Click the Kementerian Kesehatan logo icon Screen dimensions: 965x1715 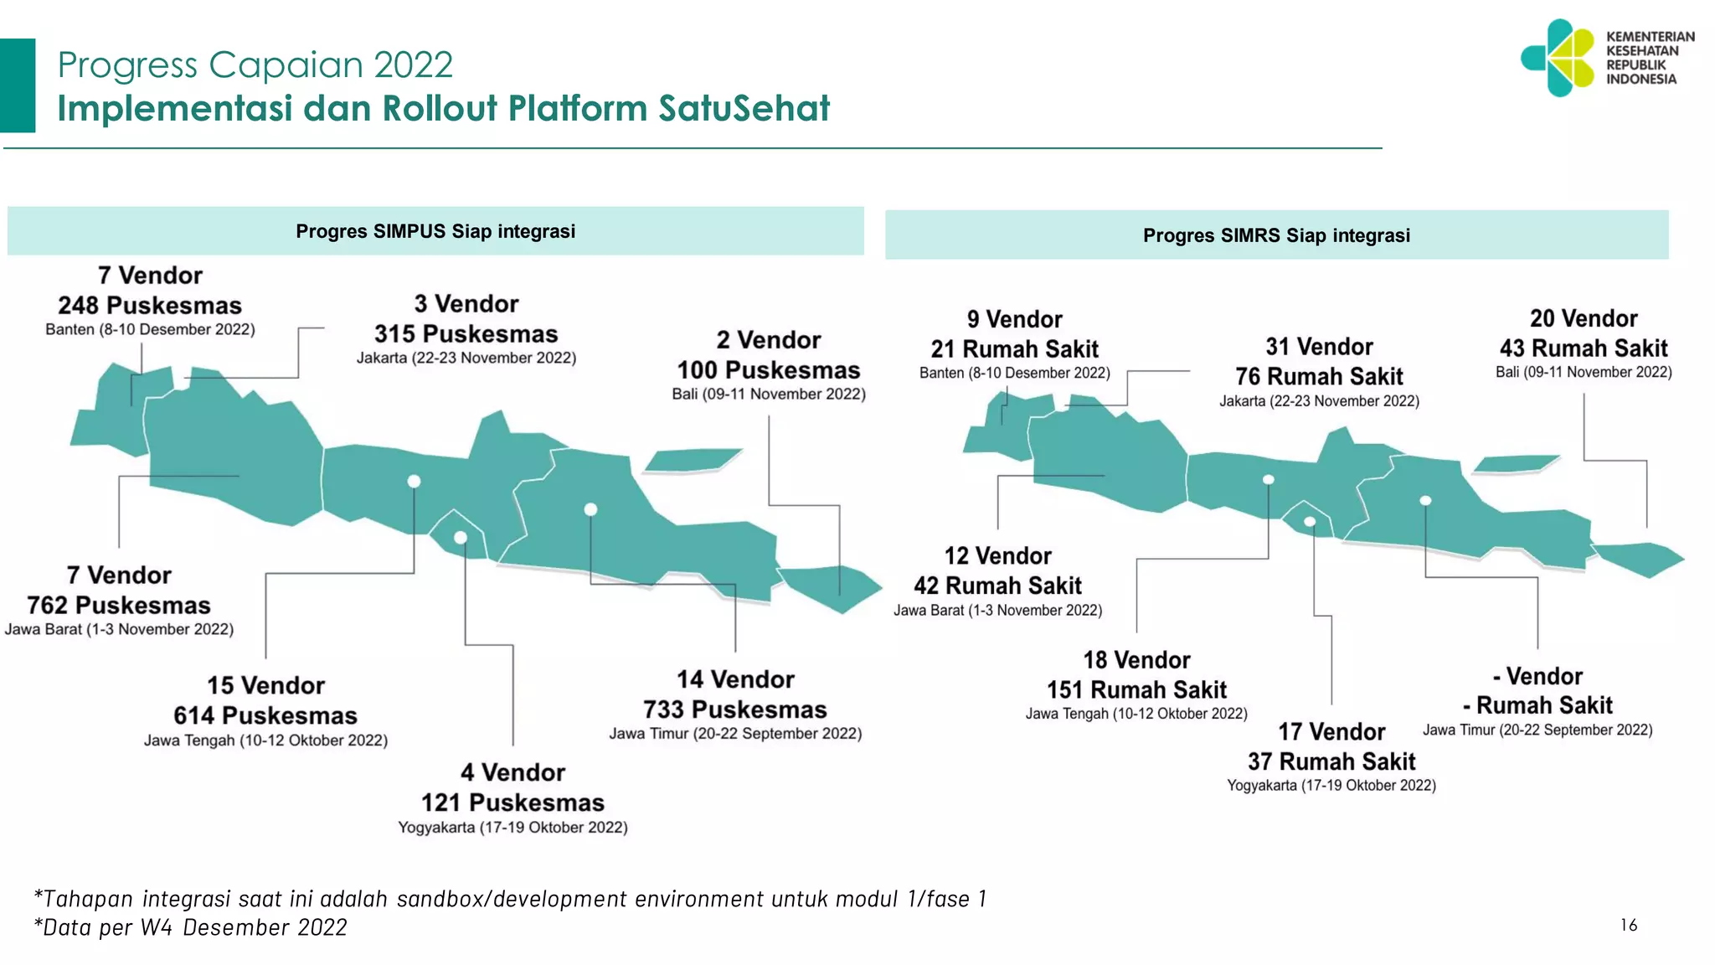click(1558, 58)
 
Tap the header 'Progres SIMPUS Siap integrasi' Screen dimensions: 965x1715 click(435, 231)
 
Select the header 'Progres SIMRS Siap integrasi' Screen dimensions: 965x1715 click(1276, 235)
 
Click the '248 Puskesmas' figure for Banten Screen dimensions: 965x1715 click(150, 305)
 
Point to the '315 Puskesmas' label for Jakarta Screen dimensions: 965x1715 click(466, 333)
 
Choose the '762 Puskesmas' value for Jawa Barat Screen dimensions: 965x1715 click(119, 605)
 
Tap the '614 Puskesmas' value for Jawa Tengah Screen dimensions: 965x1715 click(265, 715)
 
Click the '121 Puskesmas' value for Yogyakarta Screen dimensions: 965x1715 click(512, 802)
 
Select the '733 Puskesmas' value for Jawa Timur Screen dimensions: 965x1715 click(735, 710)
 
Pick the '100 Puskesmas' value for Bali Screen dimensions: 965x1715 click(769, 369)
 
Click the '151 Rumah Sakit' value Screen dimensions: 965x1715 click(1136, 689)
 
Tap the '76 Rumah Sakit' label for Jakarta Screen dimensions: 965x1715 click(1319, 376)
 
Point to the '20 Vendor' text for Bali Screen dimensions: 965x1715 click(1584, 318)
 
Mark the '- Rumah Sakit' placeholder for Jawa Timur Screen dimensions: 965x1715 click(1538, 704)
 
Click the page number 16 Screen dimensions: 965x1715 click(1629, 925)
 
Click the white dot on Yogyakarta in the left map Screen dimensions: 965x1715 click(461, 538)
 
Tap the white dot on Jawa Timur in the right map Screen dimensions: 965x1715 click(1425, 501)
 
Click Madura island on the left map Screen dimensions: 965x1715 click(693, 460)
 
